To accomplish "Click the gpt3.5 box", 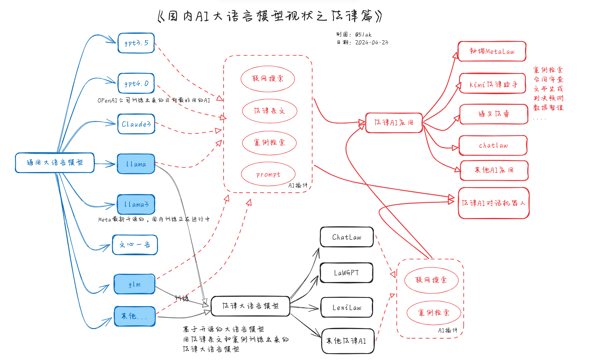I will (x=136, y=43).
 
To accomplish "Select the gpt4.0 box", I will (x=136, y=83).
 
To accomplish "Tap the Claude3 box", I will (x=136, y=124).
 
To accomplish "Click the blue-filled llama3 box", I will (x=136, y=204).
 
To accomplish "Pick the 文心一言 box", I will (x=135, y=245).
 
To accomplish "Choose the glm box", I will (x=135, y=284).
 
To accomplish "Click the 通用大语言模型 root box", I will (x=55, y=163).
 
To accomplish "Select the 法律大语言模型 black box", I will (x=250, y=306).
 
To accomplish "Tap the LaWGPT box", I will (x=346, y=273).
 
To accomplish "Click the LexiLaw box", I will (x=347, y=308).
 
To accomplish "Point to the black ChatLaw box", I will (x=347, y=237).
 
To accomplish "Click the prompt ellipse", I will (x=268, y=174).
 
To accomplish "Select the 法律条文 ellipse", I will (x=270, y=111).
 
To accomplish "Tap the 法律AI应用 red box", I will (x=394, y=123).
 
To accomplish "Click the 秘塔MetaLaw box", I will (x=492, y=52).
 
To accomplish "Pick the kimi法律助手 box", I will (x=492, y=84).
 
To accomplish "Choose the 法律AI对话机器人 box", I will (x=493, y=203).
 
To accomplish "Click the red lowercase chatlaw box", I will (x=493, y=145).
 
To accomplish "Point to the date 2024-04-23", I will (x=371, y=43).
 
